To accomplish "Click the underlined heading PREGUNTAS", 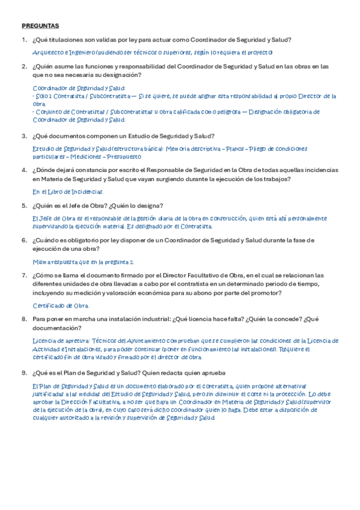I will (x=40, y=26).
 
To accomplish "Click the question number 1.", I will (x=23, y=40).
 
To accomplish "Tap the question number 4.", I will (x=23, y=170).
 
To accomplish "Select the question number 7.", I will (x=23, y=275).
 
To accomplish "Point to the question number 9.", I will (x=23, y=373).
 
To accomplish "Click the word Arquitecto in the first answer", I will (x=47, y=53).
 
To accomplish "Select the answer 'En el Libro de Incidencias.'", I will (x=68, y=192).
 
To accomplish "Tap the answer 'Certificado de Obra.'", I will (x=60, y=306).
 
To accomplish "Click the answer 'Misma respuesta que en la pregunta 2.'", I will (x=83, y=262).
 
